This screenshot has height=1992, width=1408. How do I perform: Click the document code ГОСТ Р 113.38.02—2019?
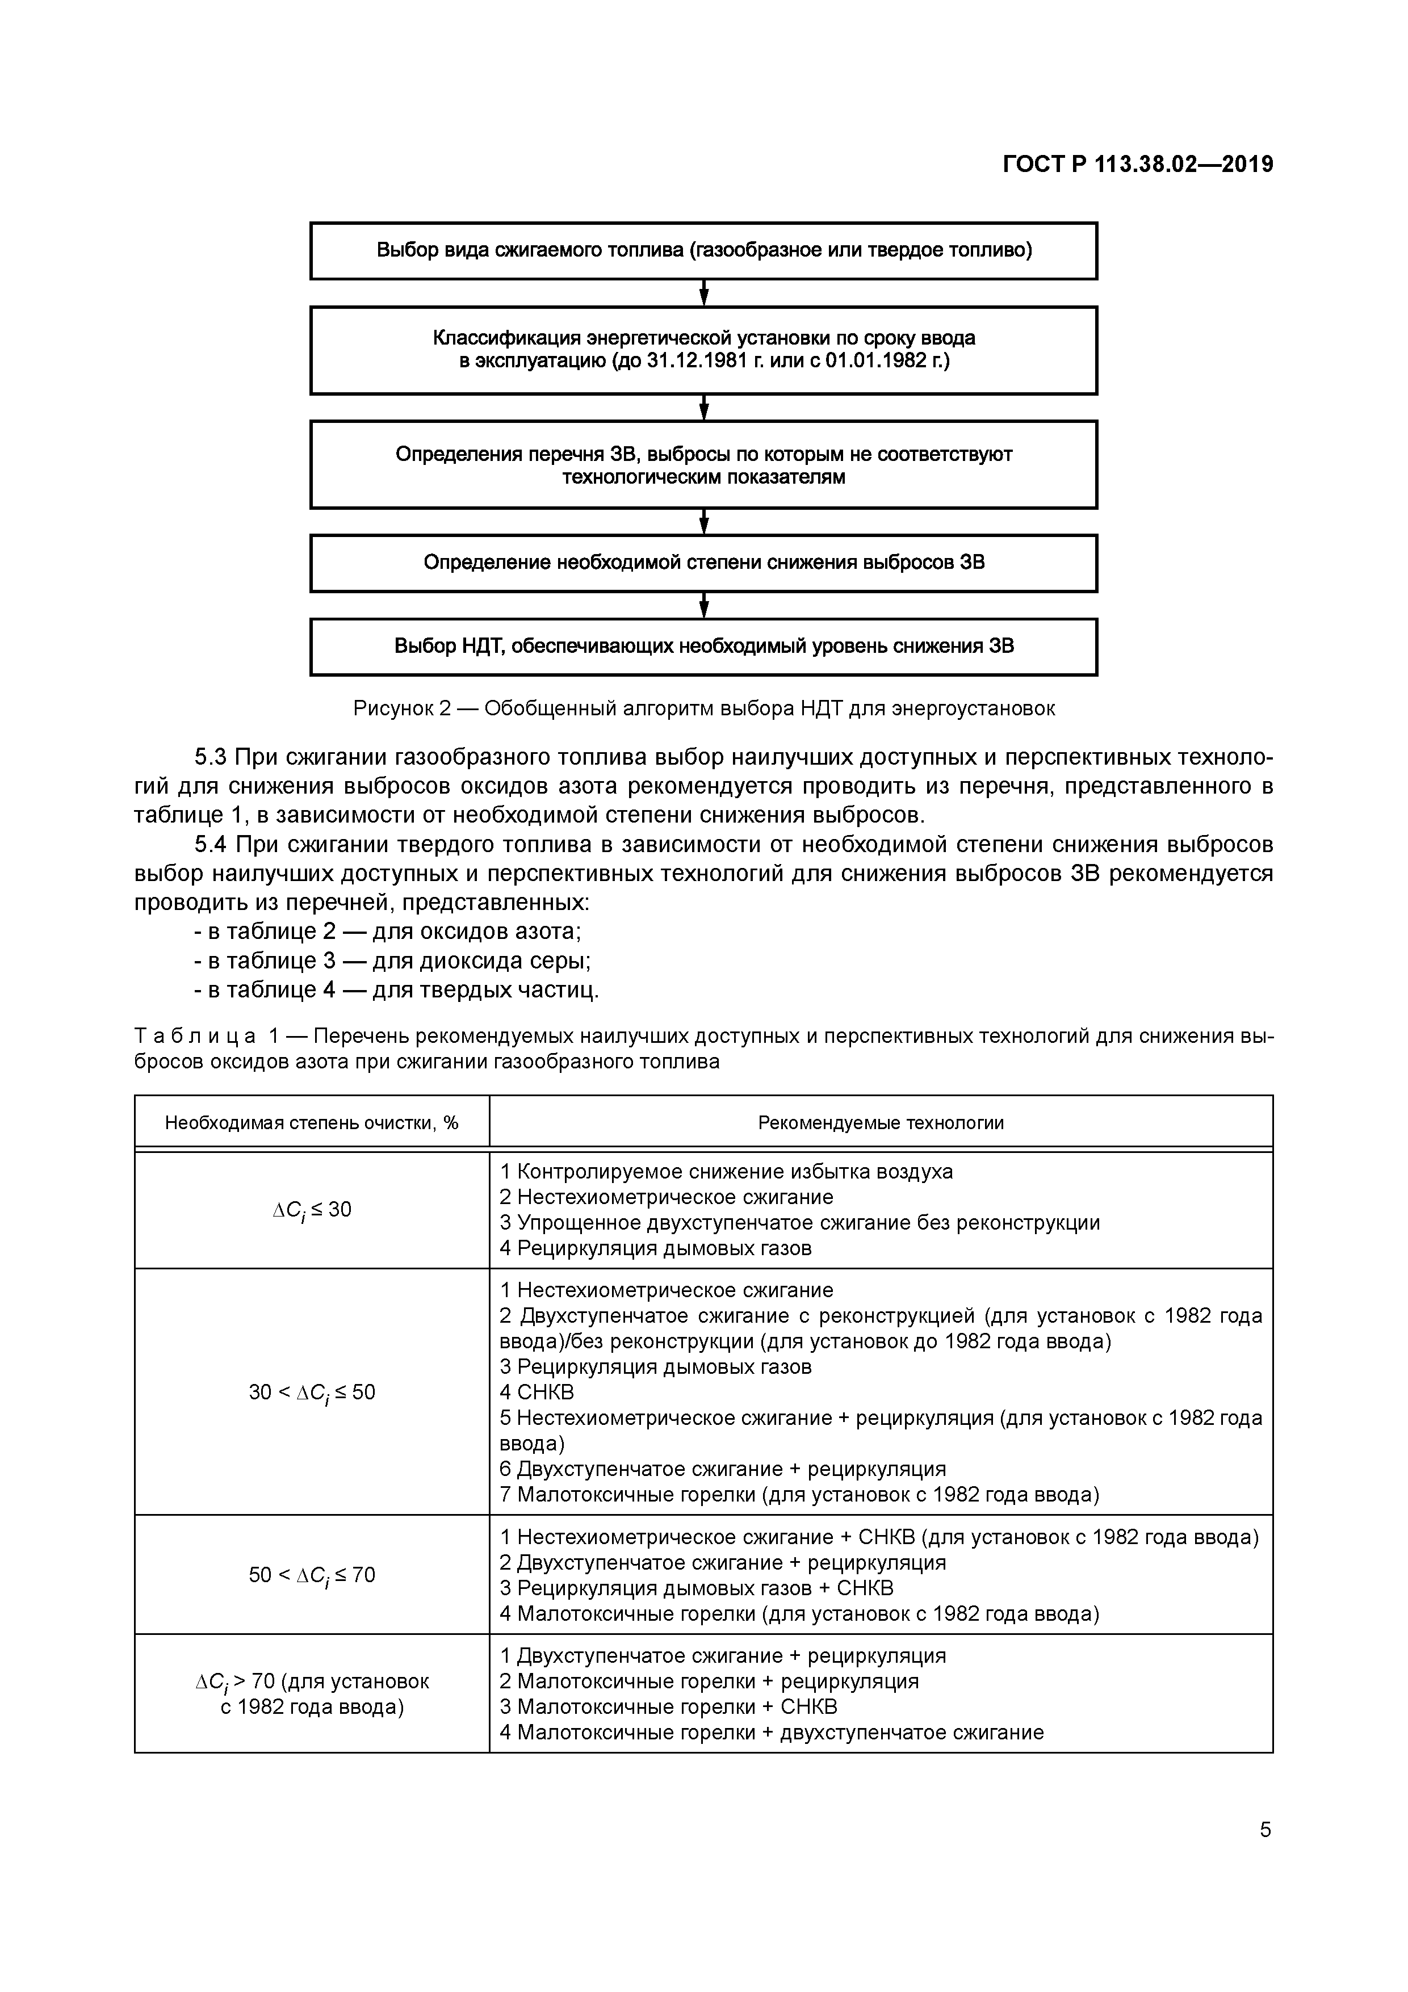tap(1137, 164)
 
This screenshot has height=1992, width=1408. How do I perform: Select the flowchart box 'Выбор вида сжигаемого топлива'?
tap(703, 251)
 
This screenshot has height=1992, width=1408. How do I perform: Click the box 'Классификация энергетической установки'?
tap(703, 350)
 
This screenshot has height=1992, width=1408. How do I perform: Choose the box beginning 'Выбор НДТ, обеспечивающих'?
tap(703, 647)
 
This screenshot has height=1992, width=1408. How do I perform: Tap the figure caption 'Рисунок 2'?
tap(703, 708)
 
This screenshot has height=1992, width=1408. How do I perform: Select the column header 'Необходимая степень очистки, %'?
tap(312, 1123)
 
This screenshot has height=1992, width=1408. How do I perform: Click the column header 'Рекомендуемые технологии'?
tap(881, 1123)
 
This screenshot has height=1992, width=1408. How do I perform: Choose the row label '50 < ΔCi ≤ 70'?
tap(312, 1575)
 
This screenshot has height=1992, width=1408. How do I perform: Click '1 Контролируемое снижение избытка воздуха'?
tap(726, 1171)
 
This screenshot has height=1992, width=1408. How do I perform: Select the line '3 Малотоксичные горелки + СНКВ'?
tap(668, 1706)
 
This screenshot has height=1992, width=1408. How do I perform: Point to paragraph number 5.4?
tap(210, 844)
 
